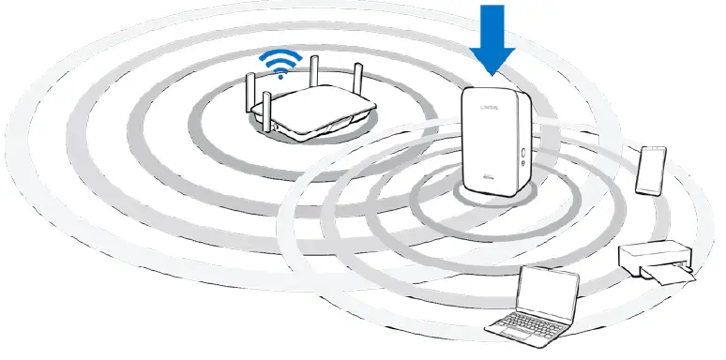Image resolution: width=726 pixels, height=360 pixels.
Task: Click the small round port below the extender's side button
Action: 521,164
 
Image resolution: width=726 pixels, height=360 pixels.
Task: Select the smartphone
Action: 650,170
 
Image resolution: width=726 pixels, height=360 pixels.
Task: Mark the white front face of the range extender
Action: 488,141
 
